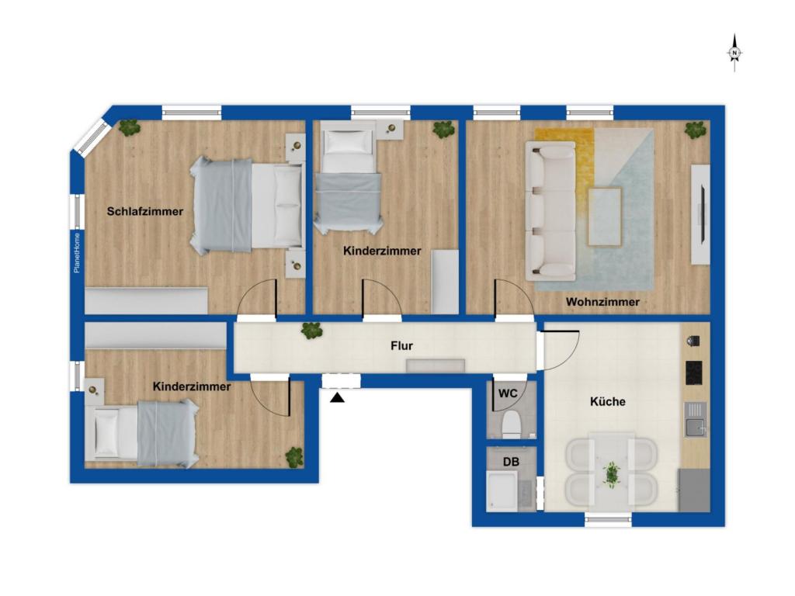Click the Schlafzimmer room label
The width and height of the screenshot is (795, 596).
tap(145, 211)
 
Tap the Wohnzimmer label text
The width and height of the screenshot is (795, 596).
tap(602, 302)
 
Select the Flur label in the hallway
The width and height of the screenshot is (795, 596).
tap(401, 346)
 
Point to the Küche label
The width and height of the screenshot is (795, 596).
tap(607, 401)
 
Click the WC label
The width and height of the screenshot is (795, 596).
tap(508, 393)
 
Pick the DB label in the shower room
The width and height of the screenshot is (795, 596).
tap(511, 463)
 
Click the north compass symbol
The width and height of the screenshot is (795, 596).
tap(734, 53)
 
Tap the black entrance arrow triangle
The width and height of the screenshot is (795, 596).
tap(337, 398)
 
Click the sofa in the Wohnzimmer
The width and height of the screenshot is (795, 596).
tap(550, 211)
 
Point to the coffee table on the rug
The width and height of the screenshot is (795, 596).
tap(604, 217)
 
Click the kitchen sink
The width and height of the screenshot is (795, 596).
tap(695, 420)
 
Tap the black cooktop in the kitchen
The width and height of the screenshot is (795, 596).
tap(695, 373)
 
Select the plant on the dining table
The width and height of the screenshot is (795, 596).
tap(612, 475)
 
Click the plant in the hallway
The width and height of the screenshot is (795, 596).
tap(311, 331)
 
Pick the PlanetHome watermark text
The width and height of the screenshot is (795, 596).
tap(77, 253)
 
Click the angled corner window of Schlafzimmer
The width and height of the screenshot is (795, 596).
tap(92, 133)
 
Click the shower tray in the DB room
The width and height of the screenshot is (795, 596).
tap(502, 491)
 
